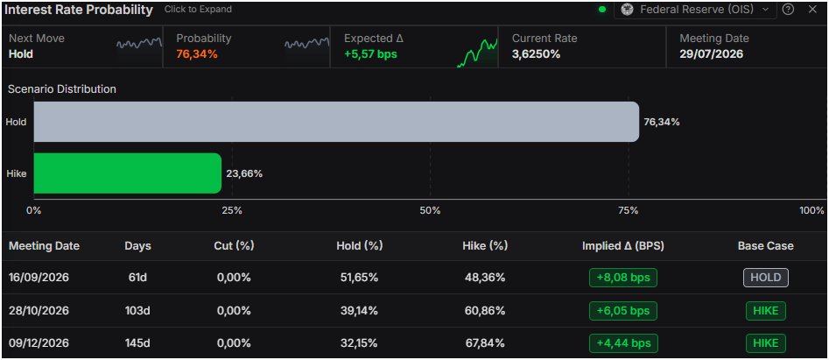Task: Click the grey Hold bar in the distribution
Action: (x=336, y=122)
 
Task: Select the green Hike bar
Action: (x=128, y=173)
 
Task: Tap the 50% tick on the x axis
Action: (x=430, y=210)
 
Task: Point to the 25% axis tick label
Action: (x=232, y=210)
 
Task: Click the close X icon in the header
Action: (x=812, y=10)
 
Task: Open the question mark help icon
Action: (x=788, y=10)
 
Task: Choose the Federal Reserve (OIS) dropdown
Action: (x=695, y=10)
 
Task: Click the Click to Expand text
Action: (x=198, y=10)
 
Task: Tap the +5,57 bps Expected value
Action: (x=370, y=54)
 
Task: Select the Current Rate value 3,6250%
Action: (x=536, y=54)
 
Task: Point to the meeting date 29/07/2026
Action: (x=712, y=54)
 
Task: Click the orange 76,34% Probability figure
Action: (x=197, y=54)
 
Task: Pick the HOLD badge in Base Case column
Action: (x=766, y=278)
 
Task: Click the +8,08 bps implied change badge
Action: (x=623, y=278)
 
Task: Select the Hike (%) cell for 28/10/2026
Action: (x=485, y=311)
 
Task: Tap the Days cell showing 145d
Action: (x=137, y=343)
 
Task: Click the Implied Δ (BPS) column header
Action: (x=622, y=246)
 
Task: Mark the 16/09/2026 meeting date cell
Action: (x=40, y=278)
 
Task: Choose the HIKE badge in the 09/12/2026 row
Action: (x=766, y=343)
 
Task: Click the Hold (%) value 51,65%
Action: (x=359, y=278)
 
